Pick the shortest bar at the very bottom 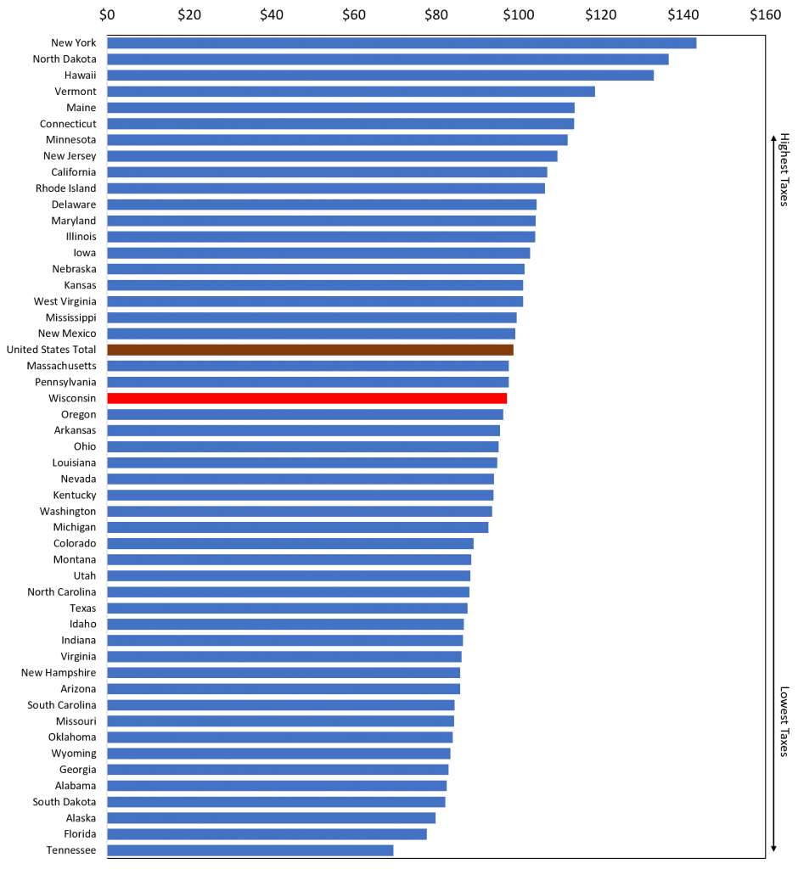click(x=250, y=850)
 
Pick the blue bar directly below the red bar click(x=305, y=414)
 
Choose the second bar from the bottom click(x=267, y=834)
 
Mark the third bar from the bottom click(x=272, y=818)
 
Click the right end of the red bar click(x=506, y=398)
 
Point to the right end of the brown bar click(x=512, y=350)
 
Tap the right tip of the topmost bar click(x=695, y=43)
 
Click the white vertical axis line click(x=107, y=446)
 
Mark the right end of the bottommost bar click(x=392, y=850)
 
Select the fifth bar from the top click(x=340, y=108)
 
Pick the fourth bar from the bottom click(x=276, y=802)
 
